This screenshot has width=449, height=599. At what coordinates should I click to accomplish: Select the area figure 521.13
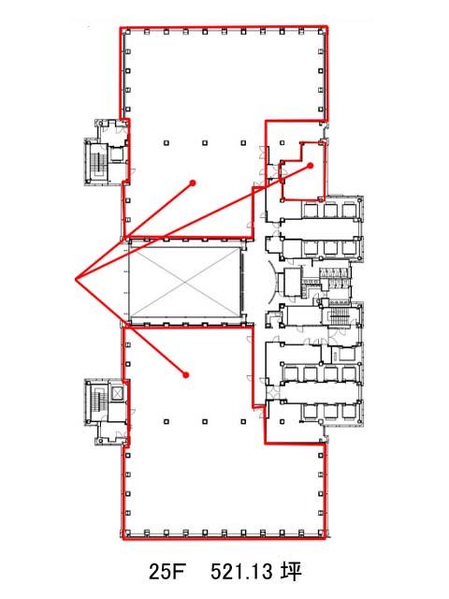pyautogui.click(x=241, y=572)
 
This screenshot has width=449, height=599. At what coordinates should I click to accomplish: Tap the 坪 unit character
pyautogui.click(x=292, y=572)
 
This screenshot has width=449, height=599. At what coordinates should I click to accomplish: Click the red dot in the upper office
pyautogui.click(x=194, y=183)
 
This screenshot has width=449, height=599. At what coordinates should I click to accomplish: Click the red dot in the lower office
pyautogui.click(x=186, y=374)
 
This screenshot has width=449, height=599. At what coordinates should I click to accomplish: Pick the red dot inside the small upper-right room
pyautogui.click(x=311, y=166)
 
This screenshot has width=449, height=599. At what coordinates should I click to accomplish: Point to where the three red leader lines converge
pyautogui.click(x=76, y=280)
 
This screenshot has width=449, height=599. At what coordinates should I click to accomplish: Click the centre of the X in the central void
pyautogui.click(x=185, y=283)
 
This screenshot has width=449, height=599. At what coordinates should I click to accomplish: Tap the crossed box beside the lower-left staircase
pyautogui.click(x=116, y=392)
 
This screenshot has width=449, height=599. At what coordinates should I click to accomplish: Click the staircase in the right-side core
pyautogui.click(x=339, y=316)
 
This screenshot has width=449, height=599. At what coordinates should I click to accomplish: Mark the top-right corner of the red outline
pyautogui.click(x=326, y=27)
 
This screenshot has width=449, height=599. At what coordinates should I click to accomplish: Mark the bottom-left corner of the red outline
pyautogui.click(x=123, y=539)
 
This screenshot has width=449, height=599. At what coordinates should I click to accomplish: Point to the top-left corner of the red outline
pyautogui.click(x=121, y=28)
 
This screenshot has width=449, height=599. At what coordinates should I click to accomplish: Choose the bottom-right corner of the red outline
pyautogui.click(x=325, y=538)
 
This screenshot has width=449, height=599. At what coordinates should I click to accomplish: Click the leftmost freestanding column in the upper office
pyautogui.click(x=167, y=143)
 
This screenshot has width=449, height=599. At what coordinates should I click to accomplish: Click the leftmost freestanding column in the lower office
pyautogui.click(x=167, y=422)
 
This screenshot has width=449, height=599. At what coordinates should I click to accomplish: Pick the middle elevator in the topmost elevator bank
pyautogui.click(x=329, y=210)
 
